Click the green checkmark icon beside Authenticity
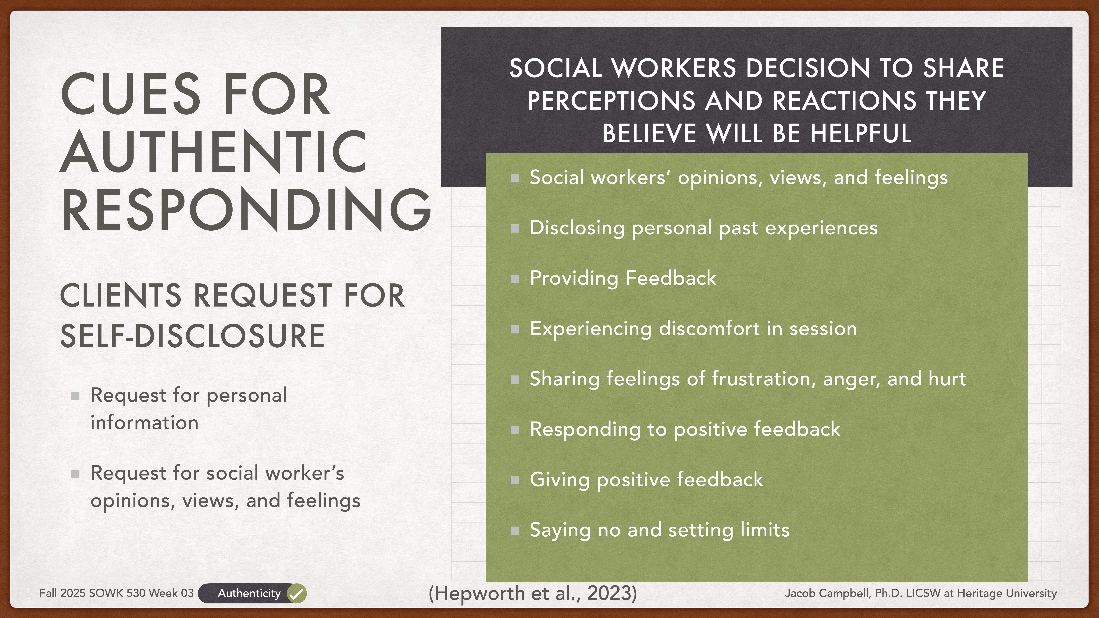click(x=297, y=593)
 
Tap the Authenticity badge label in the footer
click(x=249, y=593)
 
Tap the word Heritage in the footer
click(x=979, y=593)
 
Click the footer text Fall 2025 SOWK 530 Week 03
click(x=116, y=593)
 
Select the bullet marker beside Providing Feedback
click(x=515, y=279)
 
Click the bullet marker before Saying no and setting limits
click(x=515, y=531)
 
